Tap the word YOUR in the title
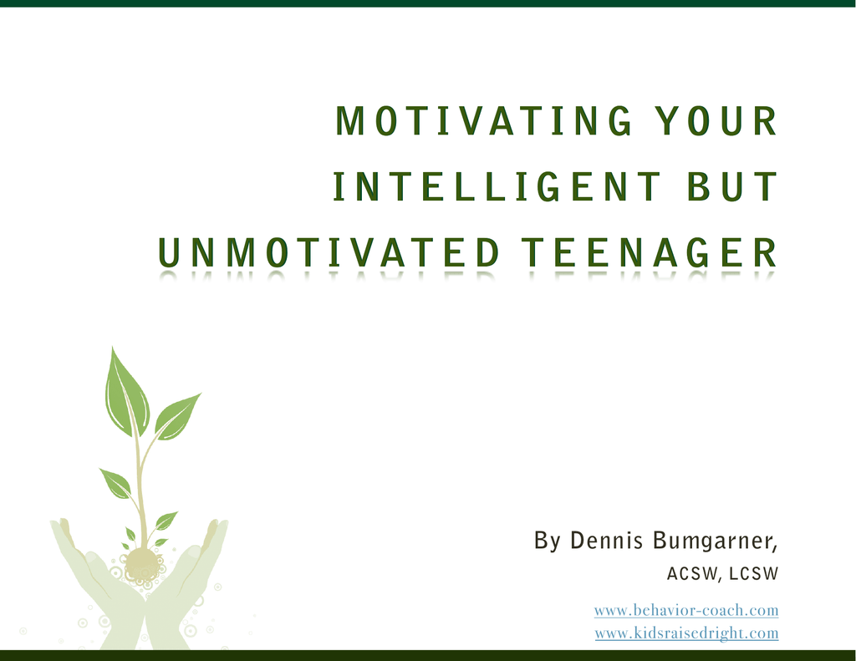tap(716, 120)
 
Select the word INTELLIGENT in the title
tap(497, 186)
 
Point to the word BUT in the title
tap(731, 186)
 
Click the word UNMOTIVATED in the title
tap(329, 252)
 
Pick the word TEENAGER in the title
tap(649, 252)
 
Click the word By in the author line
tap(548, 541)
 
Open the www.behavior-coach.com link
tap(686, 610)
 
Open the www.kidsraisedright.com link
tap(687, 633)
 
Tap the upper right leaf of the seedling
tap(176, 418)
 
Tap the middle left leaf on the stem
tap(116, 482)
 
